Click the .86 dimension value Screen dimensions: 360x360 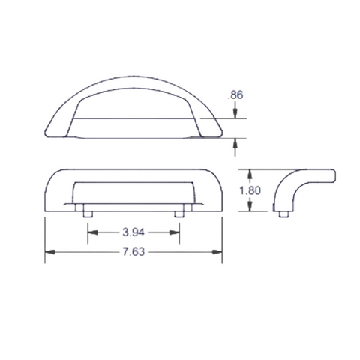(235, 95)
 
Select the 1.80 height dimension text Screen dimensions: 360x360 (250, 190)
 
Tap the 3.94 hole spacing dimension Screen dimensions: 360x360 (133, 232)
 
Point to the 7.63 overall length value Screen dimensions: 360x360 (133, 252)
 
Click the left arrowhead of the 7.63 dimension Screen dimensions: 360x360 (50, 252)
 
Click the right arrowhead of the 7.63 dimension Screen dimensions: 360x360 (217, 252)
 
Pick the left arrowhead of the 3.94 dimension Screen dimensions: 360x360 (93, 232)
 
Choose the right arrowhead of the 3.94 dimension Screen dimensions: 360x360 (175, 232)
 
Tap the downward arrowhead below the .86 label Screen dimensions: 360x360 (235, 114)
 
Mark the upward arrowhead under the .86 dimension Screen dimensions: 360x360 (235, 143)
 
